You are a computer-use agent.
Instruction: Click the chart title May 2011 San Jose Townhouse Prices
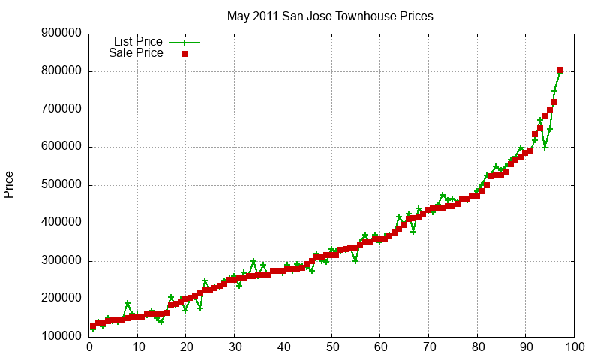click(330, 16)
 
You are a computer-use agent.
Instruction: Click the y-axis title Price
click(9, 184)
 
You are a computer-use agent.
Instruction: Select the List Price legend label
click(138, 41)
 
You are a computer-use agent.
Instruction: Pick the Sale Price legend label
click(136, 53)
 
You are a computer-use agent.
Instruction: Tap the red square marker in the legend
click(184, 54)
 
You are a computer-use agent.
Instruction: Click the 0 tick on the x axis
click(89, 348)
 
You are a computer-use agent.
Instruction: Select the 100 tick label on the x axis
click(574, 348)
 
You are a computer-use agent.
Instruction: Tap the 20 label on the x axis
click(186, 348)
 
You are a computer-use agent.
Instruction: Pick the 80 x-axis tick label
click(477, 348)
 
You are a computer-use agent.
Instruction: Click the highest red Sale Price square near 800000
click(559, 70)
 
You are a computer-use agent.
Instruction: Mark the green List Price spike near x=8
click(128, 304)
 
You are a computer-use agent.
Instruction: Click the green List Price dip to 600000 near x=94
click(544, 147)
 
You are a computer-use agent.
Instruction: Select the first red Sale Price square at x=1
click(93, 326)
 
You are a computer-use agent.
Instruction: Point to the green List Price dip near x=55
click(355, 260)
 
